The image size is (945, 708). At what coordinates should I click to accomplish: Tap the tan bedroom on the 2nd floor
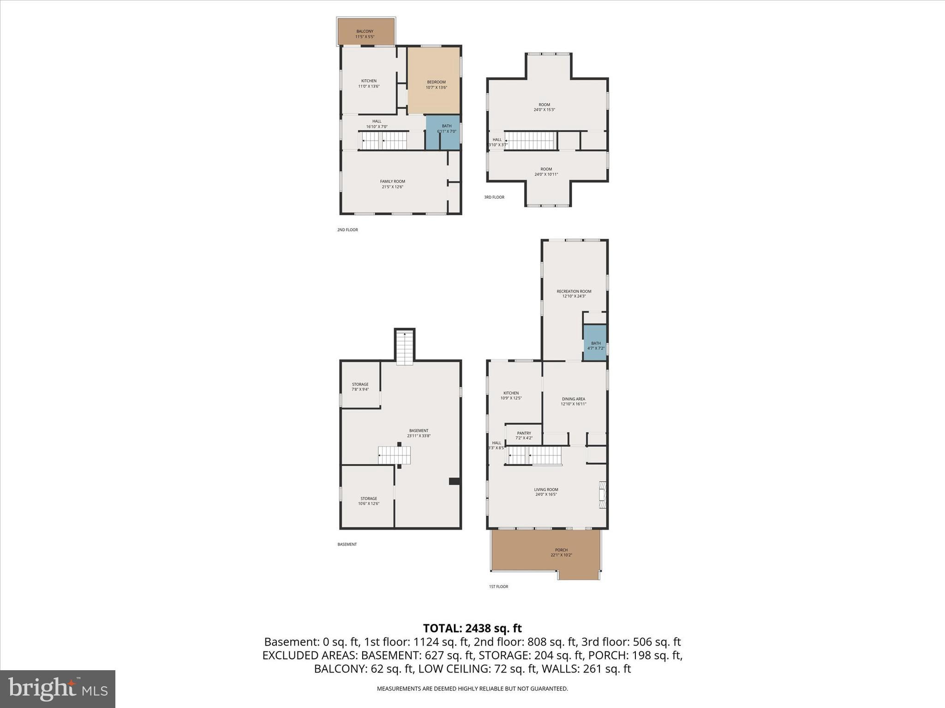point(434,81)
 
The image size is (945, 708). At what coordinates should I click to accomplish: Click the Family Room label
point(392,184)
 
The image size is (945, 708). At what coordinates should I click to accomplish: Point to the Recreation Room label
point(574,294)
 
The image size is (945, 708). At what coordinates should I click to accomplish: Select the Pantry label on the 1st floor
point(524,435)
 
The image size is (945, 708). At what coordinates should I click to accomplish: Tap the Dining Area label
point(573,401)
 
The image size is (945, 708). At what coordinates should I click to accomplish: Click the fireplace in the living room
point(602,495)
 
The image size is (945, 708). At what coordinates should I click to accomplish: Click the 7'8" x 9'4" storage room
point(360,386)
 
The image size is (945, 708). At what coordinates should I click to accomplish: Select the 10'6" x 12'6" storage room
point(368,501)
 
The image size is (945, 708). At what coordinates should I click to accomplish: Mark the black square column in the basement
point(455,481)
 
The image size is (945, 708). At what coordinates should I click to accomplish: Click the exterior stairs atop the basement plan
point(405,348)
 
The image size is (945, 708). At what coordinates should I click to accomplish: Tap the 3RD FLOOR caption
point(494,197)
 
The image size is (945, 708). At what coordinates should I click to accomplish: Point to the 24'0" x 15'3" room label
point(544,107)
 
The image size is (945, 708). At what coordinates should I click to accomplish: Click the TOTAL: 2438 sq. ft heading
point(472,628)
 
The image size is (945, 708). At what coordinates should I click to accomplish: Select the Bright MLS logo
point(58,689)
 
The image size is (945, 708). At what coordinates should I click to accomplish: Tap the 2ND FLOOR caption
point(347,230)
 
